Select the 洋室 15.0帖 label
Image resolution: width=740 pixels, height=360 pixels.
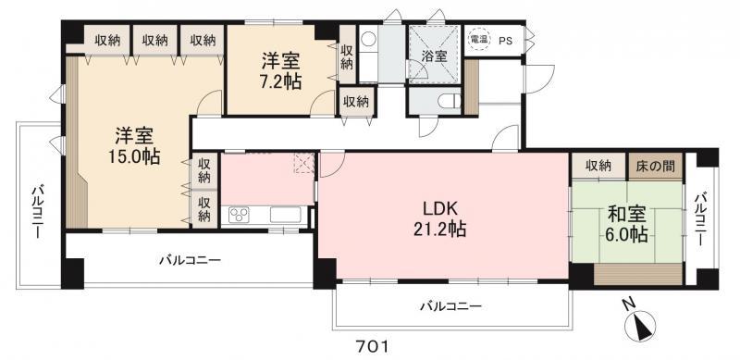click(x=134, y=146)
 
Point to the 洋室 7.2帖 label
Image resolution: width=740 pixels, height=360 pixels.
click(x=282, y=71)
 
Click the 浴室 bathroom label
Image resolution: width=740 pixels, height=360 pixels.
click(x=434, y=56)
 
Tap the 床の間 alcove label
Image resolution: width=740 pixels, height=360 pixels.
click(x=655, y=166)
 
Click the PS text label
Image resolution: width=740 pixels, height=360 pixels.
click(x=505, y=41)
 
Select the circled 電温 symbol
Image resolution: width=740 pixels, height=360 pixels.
click(x=478, y=40)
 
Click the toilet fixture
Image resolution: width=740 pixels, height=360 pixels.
click(x=449, y=101)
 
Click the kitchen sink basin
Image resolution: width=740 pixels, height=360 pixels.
click(x=286, y=215)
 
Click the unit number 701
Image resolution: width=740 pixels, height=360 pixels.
click(x=372, y=347)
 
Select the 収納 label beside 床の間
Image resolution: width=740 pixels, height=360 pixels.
click(x=598, y=166)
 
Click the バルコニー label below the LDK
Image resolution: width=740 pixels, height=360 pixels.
click(x=450, y=306)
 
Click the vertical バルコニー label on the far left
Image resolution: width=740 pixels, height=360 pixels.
click(x=37, y=212)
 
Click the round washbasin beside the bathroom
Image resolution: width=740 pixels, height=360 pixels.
click(x=367, y=37)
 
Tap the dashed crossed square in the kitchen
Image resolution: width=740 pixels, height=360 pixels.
click(x=303, y=163)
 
